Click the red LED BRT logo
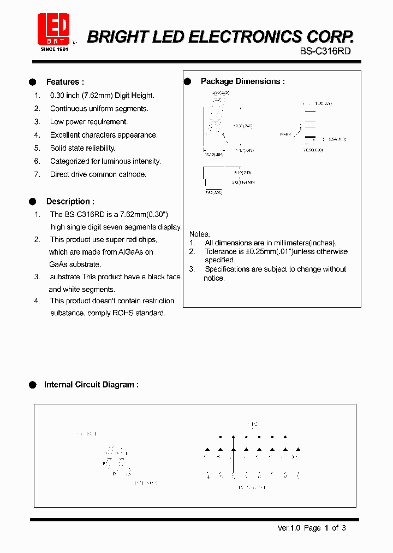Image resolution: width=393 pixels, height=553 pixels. [53, 28]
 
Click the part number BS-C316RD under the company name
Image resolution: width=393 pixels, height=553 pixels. [325, 51]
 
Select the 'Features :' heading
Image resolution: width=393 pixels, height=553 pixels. [65, 82]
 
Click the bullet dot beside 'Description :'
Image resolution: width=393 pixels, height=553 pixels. [32, 201]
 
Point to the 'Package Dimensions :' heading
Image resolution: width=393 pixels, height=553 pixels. [242, 81]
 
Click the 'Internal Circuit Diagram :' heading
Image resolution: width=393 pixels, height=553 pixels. [91, 385]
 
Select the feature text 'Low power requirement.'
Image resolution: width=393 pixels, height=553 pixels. [89, 122]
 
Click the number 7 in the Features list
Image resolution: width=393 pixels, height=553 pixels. [37, 174]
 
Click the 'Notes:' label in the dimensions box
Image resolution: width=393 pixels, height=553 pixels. [200, 234]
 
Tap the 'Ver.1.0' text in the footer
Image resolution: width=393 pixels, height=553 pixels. [289, 528]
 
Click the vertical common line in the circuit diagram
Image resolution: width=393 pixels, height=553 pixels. [233, 459]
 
